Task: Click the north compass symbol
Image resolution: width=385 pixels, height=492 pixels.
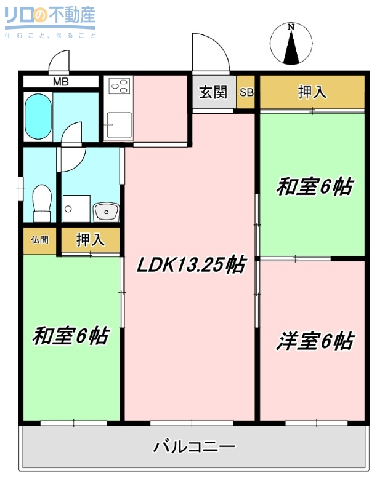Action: [x=292, y=44]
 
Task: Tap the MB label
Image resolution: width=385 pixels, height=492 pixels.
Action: [x=60, y=82]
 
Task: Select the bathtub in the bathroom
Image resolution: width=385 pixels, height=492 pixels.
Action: [x=38, y=117]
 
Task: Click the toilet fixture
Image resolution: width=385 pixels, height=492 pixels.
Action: [x=41, y=202]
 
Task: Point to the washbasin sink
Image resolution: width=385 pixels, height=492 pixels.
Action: [x=106, y=212]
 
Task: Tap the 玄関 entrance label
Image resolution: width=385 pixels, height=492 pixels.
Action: [x=213, y=92]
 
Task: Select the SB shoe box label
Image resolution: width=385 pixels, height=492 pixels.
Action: [x=246, y=93]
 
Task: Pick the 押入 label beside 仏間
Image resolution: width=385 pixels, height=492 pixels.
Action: [x=90, y=240]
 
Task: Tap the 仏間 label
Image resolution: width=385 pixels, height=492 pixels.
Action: [x=39, y=240]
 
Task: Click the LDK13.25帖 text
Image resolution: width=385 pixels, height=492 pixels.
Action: [x=191, y=265]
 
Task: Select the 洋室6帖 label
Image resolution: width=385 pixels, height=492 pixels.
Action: [x=315, y=341]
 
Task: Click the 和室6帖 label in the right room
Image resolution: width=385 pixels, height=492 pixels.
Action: [x=314, y=186]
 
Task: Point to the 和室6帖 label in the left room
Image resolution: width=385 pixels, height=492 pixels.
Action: [x=71, y=336]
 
